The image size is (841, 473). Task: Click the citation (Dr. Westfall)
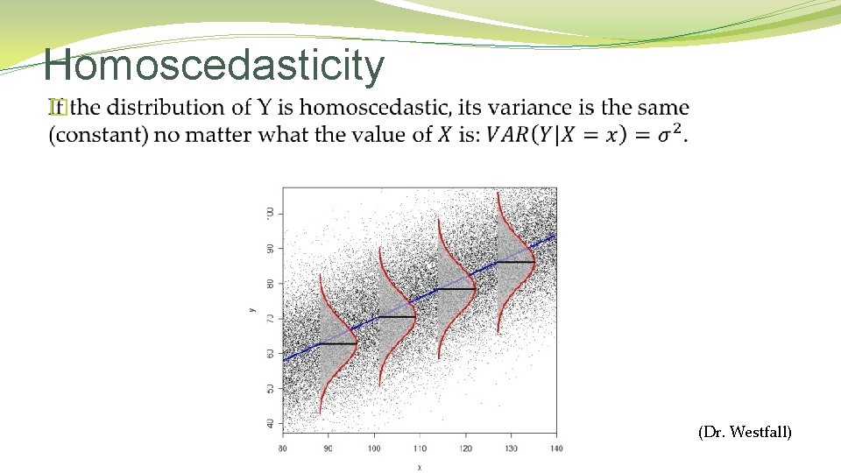[x=745, y=431]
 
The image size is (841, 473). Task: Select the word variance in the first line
[x=527, y=108]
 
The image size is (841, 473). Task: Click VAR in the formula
[x=507, y=135]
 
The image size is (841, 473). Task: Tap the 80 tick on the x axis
[x=282, y=448]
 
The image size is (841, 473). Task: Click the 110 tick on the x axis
[x=420, y=448]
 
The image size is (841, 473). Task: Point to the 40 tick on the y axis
[x=269, y=423]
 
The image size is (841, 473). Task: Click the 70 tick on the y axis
[x=269, y=318]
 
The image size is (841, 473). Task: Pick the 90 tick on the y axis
[x=269, y=248]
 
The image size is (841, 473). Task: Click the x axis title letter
[x=420, y=466]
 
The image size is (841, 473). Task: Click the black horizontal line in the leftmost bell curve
[x=337, y=344]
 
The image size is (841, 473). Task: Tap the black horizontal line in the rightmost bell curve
[x=516, y=262]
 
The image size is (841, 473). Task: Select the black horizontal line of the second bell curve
[x=396, y=317]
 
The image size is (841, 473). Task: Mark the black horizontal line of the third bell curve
[x=456, y=289]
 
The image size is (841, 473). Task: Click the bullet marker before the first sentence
[x=58, y=108]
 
